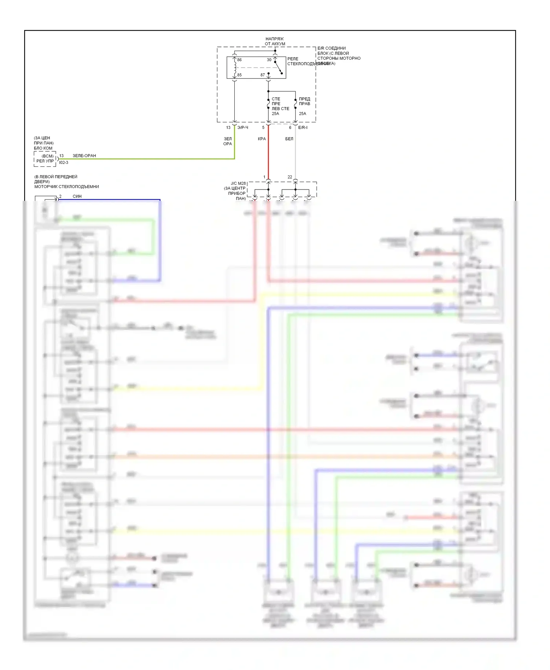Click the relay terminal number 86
[x=239, y=60]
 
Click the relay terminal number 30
[x=269, y=60]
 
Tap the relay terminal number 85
[x=239, y=75]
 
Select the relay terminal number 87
[x=263, y=75]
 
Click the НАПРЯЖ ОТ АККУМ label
[x=275, y=41]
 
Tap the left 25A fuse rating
[x=275, y=114]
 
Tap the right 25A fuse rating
[x=302, y=114]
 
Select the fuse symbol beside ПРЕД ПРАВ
[x=296, y=104]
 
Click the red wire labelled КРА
[x=268, y=154]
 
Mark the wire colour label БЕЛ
[x=289, y=139]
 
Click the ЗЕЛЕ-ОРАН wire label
[x=84, y=156]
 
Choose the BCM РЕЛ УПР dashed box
[x=45, y=159]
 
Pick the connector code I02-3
[x=64, y=162]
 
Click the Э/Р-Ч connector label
[x=243, y=128]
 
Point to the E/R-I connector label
[x=303, y=128]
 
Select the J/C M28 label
[x=238, y=183]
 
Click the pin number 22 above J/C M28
[x=290, y=177]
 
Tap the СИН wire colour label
[x=77, y=196]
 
